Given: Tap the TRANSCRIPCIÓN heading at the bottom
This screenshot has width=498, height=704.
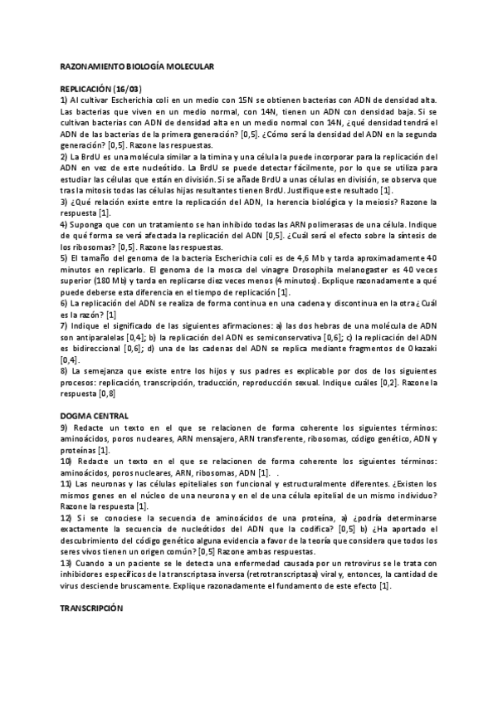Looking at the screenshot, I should (x=91, y=608).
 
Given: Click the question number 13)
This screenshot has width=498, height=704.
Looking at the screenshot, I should (x=66, y=563).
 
